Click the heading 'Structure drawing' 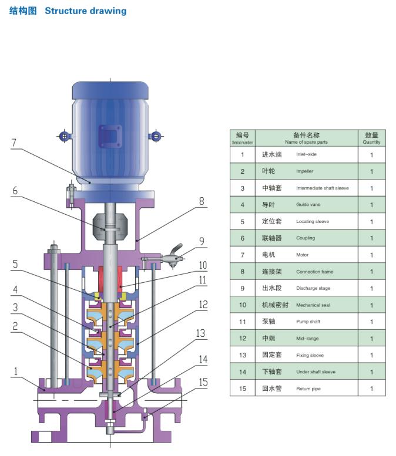pyautogui.click(x=86, y=11)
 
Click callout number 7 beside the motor pyautogui.click(x=14, y=143)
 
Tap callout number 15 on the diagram pyautogui.click(x=203, y=382)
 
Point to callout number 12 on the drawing pyautogui.click(x=203, y=305)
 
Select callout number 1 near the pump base pyautogui.click(x=16, y=371)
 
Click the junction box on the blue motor pyautogui.click(x=110, y=136)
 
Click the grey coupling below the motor pyautogui.click(x=110, y=227)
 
